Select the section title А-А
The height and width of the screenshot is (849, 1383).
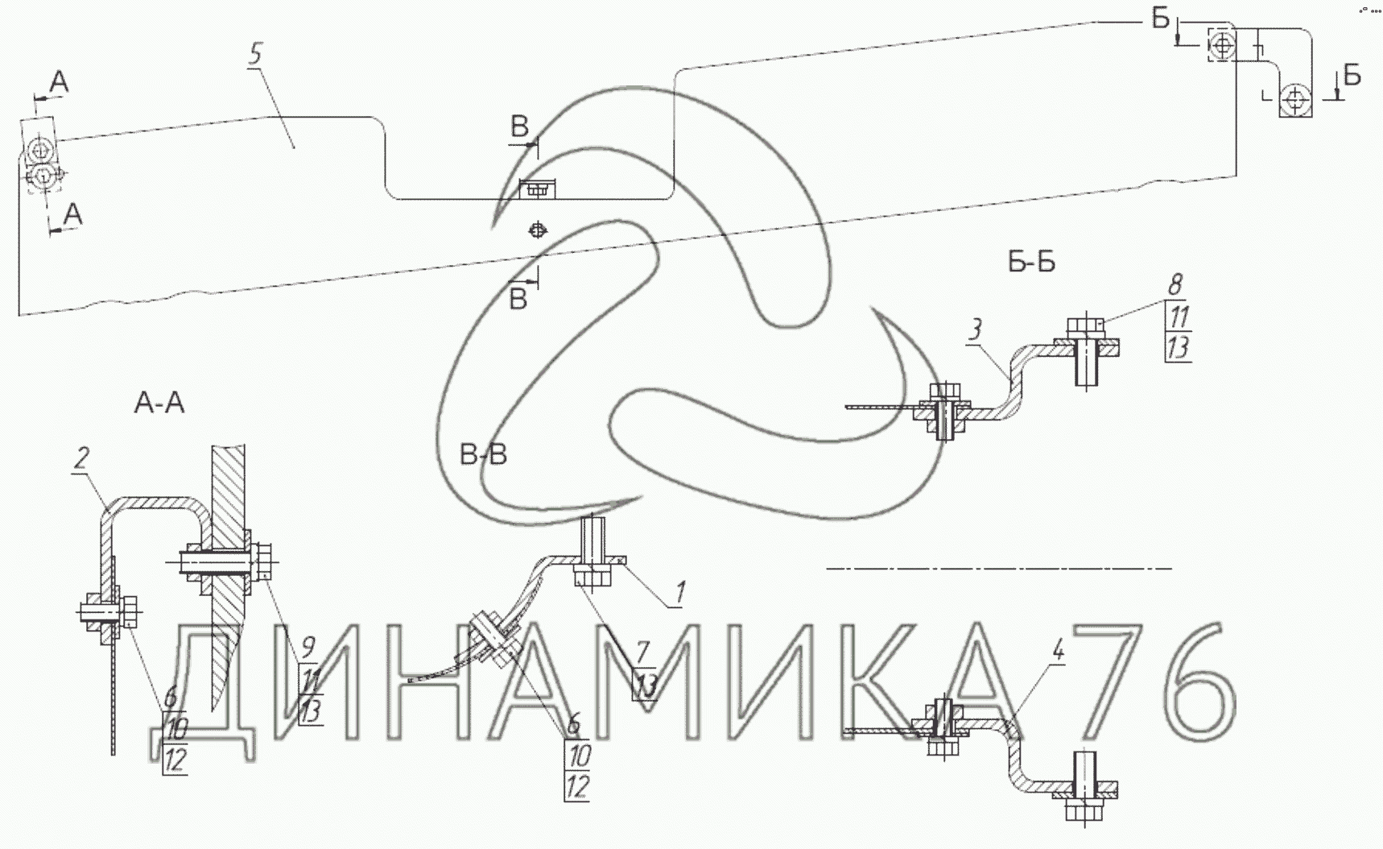point(159,403)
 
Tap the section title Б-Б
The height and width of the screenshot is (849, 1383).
point(1031,262)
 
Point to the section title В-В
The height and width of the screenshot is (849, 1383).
point(483,455)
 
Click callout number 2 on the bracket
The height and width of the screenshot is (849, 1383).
point(81,459)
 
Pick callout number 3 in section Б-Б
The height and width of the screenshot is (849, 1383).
point(976,329)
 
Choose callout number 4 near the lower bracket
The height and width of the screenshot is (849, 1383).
point(1059,651)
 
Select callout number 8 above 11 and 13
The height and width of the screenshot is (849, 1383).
point(1176,285)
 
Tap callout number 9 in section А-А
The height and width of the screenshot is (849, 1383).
point(308,646)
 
